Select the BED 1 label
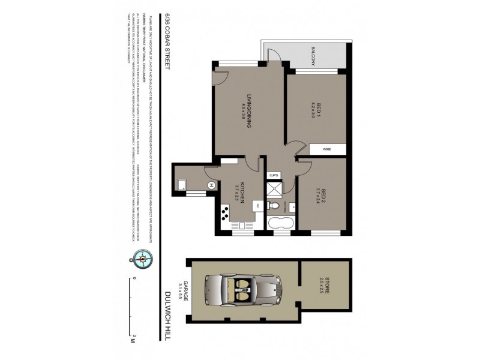(x=319, y=112)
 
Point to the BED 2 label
(x=319, y=196)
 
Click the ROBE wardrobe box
(x=327, y=149)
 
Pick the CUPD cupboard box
(x=274, y=176)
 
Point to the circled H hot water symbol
(x=211, y=185)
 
